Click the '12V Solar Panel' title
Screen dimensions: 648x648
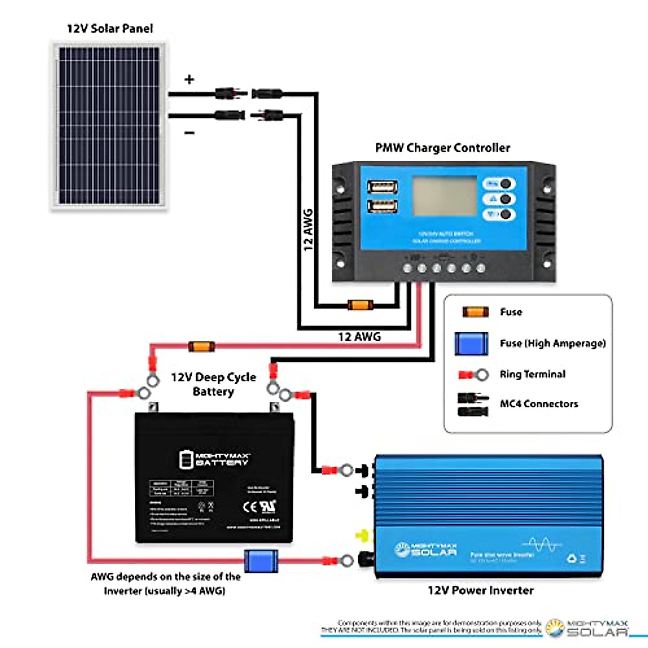point(110,29)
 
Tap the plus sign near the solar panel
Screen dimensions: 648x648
point(189,80)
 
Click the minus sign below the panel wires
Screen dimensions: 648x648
point(190,132)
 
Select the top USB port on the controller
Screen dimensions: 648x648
point(383,188)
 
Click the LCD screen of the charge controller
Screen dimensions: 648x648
point(444,195)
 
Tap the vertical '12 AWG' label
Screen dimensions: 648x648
point(308,230)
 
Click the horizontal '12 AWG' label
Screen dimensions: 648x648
point(359,337)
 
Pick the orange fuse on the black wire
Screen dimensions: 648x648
point(360,305)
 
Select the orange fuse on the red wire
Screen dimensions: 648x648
point(201,347)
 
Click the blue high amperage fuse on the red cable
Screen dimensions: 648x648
point(261,561)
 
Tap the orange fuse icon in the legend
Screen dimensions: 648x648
point(476,312)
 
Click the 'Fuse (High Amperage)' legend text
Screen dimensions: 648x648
point(552,343)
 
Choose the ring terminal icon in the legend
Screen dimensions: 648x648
point(474,374)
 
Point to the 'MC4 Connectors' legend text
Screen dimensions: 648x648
point(538,404)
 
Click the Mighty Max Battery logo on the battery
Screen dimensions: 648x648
point(214,460)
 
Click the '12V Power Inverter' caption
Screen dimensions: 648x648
point(480,590)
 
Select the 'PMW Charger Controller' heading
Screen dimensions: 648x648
point(442,148)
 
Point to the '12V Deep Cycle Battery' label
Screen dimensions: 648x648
point(213,384)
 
